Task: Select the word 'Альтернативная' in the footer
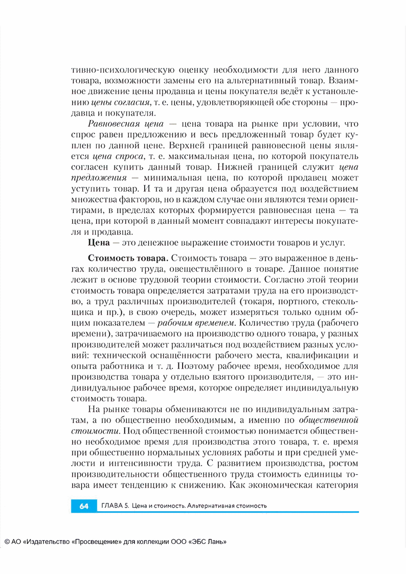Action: pyautogui.click(x=211, y=506)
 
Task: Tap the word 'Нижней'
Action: pyautogui.click(x=241, y=167)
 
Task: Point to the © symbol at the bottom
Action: pyautogui.click(x=7, y=542)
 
